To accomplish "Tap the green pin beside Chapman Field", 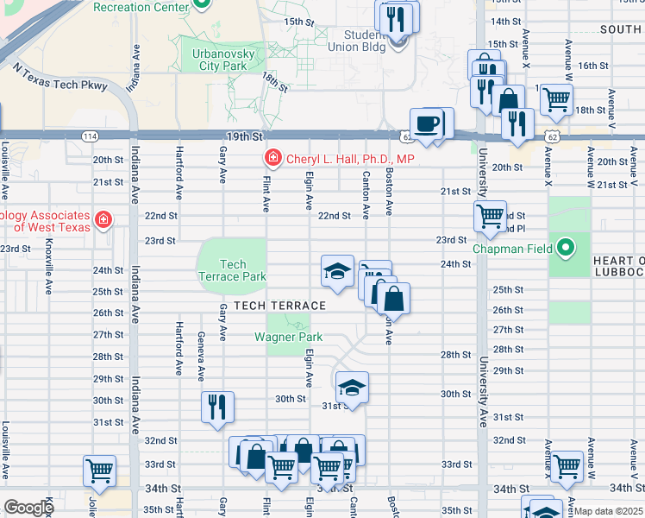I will [x=566, y=249].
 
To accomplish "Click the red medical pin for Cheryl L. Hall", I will [x=272, y=159].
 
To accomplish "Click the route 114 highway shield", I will [x=89, y=136].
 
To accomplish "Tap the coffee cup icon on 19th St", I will [x=427, y=124].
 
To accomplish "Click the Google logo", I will [x=28, y=509].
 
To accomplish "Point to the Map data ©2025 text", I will [x=609, y=511].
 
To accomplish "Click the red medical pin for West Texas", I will [x=103, y=221].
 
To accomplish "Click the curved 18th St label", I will [x=274, y=82].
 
